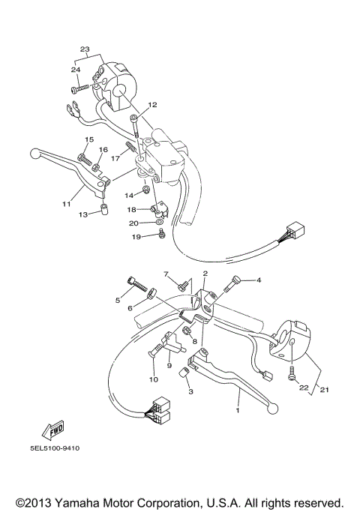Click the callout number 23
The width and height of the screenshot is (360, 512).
[x=84, y=49]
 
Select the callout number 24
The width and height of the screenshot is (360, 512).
[x=76, y=70]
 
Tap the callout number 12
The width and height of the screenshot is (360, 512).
[x=152, y=105]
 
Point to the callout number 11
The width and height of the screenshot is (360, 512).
[x=67, y=203]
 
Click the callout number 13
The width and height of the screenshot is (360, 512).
[x=83, y=214]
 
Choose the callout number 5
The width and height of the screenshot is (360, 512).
[x=117, y=301]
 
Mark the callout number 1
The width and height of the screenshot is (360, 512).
[x=238, y=411]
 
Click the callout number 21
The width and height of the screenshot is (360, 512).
[x=324, y=388]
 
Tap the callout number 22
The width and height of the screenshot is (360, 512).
[x=304, y=388]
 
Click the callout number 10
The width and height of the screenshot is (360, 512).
[x=154, y=379]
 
